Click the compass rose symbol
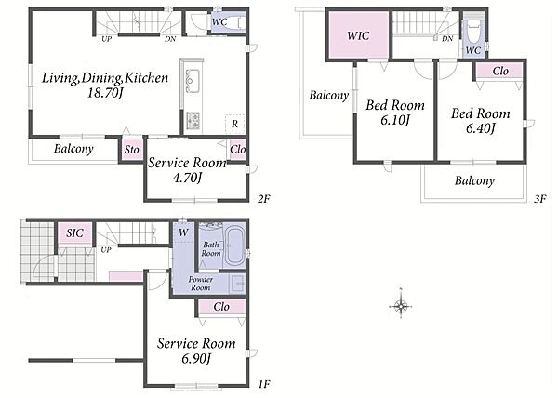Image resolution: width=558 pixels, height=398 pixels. point(401,306)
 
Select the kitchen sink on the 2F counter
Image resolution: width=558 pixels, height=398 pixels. point(193,81)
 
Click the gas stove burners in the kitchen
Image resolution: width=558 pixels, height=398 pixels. point(193,120)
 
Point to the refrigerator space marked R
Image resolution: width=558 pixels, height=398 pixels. point(234,124)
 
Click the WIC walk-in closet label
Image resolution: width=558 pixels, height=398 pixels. point(358,35)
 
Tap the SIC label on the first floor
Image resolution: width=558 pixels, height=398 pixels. point(74,233)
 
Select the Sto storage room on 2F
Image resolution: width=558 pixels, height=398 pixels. point(131,150)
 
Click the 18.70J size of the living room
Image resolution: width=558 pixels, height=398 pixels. point(105,93)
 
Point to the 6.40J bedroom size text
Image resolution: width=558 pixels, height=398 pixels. point(481,128)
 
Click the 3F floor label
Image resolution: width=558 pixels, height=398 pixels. point(539,198)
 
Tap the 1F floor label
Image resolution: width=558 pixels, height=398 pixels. point(264,384)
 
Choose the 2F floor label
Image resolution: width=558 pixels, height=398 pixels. point(264,199)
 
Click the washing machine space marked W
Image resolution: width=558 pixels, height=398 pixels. point(183,232)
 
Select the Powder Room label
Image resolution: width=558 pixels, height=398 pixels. point(201,284)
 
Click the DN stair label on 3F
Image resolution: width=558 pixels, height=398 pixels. point(447,38)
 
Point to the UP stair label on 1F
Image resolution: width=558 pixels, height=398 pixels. point(106,250)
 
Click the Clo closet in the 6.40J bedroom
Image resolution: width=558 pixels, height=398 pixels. point(499,71)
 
